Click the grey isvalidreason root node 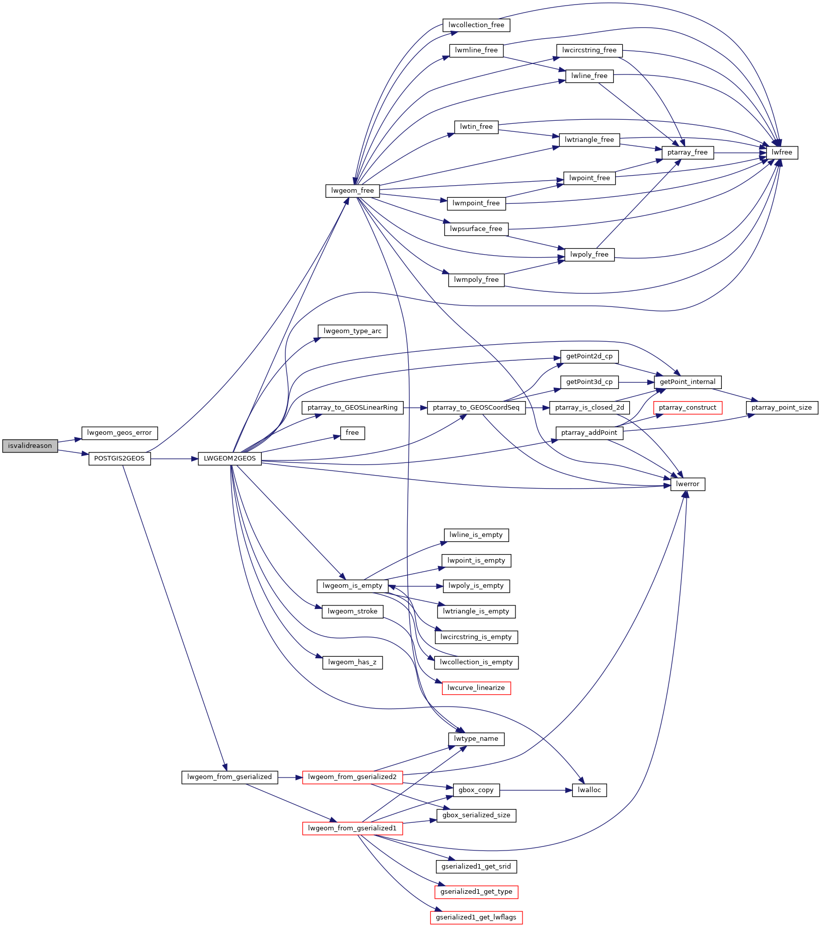pyautogui.click(x=30, y=446)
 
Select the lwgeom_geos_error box pyautogui.click(x=119, y=433)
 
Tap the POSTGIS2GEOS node pyautogui.click(x=119, y=458)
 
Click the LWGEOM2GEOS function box pyautogui.click(x=230, y=458)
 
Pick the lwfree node pyautogui.click(x=782, y=152)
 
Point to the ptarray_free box pyautogui.click(x=688, y=152)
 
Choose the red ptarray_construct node pyautogui.click(x=688, y=408)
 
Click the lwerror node pyautogui.click(x=688, y=484)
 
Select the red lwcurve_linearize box pyautogui.click(x=476, y=688)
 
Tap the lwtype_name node pyautogui.click(x=476, y=739)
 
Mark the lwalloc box pyautogui.click(x=589, y=790)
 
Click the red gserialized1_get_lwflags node pyautogui.click(x=476, y=917)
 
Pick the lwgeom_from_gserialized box pyautogui.click(x=230, y=777)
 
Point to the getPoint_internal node pyautogui.click(x=688, y=382)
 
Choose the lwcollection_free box pyautogui.click(x=476, y=25)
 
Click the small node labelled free pyautogui.click(x=352, y=433)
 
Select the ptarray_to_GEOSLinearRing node pyautogui.click(x=352, y=408)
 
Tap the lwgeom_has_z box pyautogui.click(x=352, y=662)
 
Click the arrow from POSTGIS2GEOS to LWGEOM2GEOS pyautogui.click(x=174, y=458)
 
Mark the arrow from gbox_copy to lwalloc pyautogui.click(x=536, y=790)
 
